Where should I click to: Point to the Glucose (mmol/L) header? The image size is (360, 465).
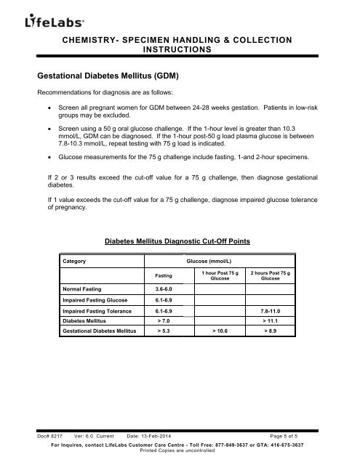click(x=209, y=259)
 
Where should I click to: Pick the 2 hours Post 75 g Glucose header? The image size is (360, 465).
click(x=270, y=275)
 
